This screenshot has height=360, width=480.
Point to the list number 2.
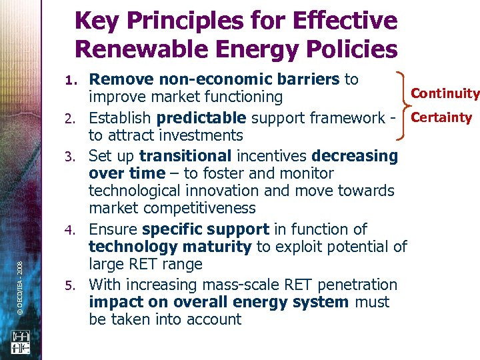click(75, 119)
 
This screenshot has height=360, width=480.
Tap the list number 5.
click(75, 286)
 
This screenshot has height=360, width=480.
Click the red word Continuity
click(445, 93)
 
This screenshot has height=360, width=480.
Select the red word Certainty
click(441, 118)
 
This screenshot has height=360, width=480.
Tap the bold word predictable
click(201, 119)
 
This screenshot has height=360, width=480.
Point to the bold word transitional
click(184, 156)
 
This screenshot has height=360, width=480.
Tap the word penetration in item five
click(357, 285)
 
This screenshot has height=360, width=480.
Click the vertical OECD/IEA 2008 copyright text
click(22, 261)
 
